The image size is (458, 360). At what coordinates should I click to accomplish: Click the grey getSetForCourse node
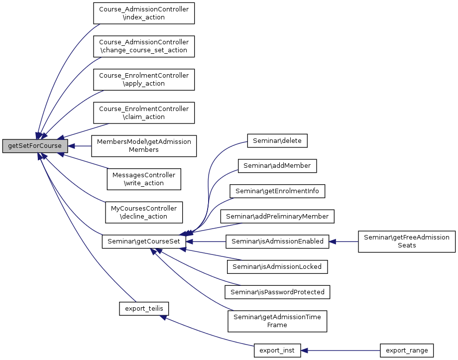click(x=35, y=146)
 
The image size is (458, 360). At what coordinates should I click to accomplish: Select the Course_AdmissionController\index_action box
click(x=144, y=13)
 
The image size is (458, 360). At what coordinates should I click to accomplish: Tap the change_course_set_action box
click(x=144, y=46)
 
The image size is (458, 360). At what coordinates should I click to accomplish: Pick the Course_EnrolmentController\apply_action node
click(x=144, y=80)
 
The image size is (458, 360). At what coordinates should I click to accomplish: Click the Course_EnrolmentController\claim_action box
click(x=144, y=113)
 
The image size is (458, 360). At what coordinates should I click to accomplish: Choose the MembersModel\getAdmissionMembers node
click(x=144, y=146)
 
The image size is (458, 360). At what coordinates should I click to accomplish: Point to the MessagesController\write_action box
click(x=144, y=179)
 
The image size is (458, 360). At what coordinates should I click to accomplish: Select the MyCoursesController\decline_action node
click(x=144, y=212)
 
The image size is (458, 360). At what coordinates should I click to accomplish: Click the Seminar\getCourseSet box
click(x=144, y=241)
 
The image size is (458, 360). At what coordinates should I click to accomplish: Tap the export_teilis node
click(x=144, y=309)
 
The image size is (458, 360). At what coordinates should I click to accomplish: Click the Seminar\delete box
click(x=277, y=141)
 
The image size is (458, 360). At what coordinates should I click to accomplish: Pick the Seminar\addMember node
click(x=277, y=166)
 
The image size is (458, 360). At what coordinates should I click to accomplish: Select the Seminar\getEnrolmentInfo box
click(x=277, y=191)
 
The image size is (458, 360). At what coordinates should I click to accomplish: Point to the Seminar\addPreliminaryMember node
click(x=277, y=217)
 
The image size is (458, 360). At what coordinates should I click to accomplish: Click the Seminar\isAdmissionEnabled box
click(x=277, y=241)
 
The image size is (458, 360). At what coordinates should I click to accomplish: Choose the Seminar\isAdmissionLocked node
click(x=277, y=267)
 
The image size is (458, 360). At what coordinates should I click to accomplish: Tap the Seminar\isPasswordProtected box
click(x=277, y=292)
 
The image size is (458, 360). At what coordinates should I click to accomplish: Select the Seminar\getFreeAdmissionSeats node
click(x=407, y=241)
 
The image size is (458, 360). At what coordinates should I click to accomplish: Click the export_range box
click(x=407, y=351)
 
